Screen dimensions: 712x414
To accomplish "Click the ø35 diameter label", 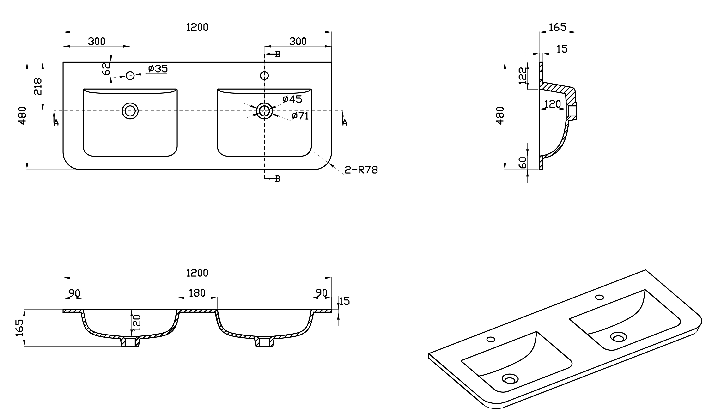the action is click(x=158, y=69).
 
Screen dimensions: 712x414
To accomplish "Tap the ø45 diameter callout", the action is click(x=292, y=99).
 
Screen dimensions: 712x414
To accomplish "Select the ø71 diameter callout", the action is click(x=300, y=116).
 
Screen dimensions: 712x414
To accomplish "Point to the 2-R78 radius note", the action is click(x=361, y=170).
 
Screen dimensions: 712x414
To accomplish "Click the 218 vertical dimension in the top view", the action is click(x=38, y=87).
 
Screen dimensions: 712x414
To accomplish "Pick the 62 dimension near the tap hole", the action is click(x=106, y=69).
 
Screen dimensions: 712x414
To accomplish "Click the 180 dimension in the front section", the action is click(x=197, y=293).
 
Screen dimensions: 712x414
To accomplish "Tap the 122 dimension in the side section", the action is click(x=523, y=75).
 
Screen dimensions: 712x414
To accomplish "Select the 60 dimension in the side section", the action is click(x=523, y=163).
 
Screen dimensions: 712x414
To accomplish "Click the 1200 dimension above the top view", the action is click(x=197, y=27).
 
